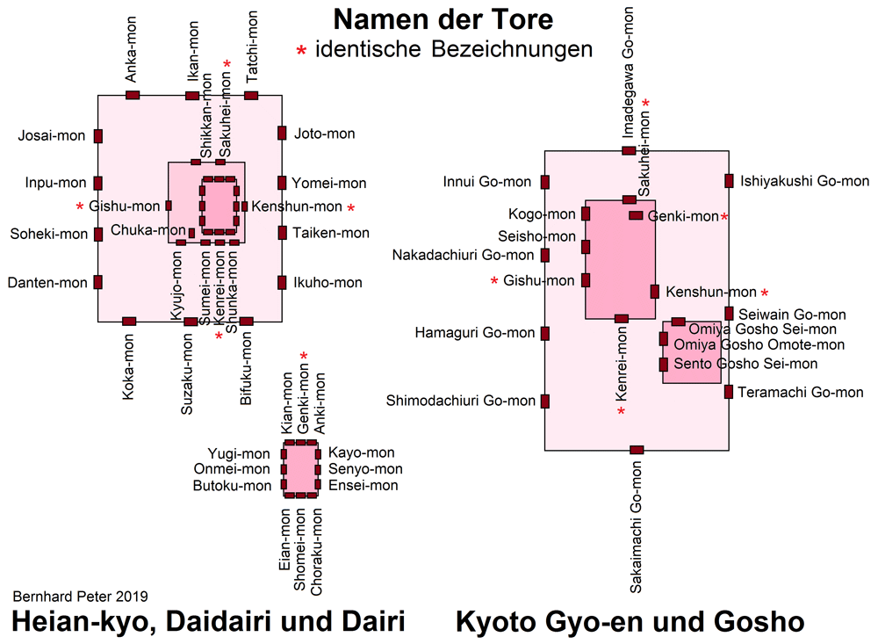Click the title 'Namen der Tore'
click(443, 19)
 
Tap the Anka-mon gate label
click(131, 49)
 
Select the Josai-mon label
click(52, 135)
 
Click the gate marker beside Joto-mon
click(282, 134)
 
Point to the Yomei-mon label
click(328, 184)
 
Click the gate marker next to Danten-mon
click(98, 282)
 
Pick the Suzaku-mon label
click(187, 374)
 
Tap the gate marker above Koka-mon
click(129, 322)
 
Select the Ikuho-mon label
click(327, 283)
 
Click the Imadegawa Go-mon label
click(628, 72)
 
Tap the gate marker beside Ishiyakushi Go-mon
click(729, 181)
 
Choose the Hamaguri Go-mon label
click(475, 333)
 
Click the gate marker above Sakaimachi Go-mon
click(637, 450)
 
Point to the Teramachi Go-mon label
click(800, 393)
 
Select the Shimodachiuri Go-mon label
click(460, 401)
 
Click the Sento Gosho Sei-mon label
click(745, 364)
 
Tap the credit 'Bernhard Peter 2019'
click(80, 597)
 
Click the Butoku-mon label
click(232, 485)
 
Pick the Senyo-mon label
click(365, 469)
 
